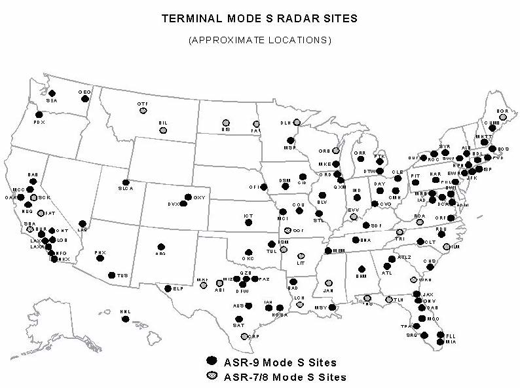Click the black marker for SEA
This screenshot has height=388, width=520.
click(52, 93)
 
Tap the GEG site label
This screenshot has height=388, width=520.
click(84, 92)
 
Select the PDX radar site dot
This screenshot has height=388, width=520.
click(39, 115)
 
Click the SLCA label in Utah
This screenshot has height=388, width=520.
click(125, 189)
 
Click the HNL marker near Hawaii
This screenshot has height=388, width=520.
click(126, 319)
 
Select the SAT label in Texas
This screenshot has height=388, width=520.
click(238, 326)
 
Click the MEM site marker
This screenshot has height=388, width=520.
click(328, 250)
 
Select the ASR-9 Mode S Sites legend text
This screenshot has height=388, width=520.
click(280, 362)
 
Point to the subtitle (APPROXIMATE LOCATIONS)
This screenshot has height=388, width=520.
click(260, 40)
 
